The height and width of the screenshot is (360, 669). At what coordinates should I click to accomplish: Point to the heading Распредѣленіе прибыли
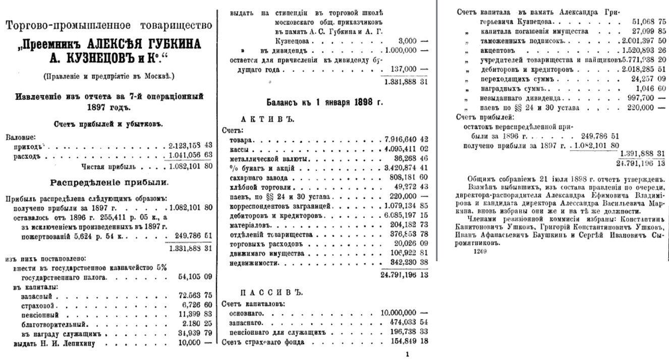click(x=108, y=182)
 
